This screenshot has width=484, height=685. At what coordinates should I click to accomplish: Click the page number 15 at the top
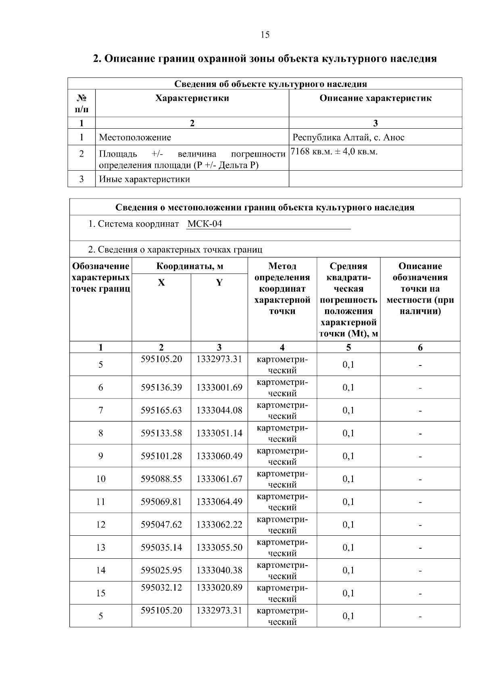pyautogui.click(x=265, y=35)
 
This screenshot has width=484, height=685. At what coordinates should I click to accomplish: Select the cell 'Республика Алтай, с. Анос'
pyautogui.click(x=348, y=137)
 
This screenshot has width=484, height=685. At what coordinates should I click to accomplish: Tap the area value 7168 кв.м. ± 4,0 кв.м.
pyautogui.click(x=334, y=152)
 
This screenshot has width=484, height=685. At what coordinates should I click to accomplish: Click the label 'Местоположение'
pyautogui.click(x=135, y=137)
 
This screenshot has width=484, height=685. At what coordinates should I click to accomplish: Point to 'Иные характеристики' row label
pyautogui.click(x=144, y=179)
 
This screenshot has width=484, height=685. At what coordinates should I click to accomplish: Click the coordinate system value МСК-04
pyautogui.click(x=204, y=224)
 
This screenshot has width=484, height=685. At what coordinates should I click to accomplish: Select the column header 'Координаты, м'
pyautogui.click(x=190, y=266)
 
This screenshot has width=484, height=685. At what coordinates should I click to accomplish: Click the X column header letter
pyautogui.click(x=161, y=283)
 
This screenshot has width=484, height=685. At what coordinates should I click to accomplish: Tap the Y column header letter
pyautogui.click(x=219, y=283)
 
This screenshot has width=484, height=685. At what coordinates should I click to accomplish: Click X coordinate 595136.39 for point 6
pyautogui.click(x=161, y=388)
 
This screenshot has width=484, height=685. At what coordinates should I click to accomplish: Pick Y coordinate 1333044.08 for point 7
pyautogui.click(x=219, y=411)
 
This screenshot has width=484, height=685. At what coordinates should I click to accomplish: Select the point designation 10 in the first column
pyautogui.click(x=100, y=479)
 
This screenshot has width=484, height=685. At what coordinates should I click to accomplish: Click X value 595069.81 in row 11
pyautogui.click(x=161, y=502)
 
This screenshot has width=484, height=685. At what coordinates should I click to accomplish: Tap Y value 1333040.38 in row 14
pyautogui.click(x=219, y=570)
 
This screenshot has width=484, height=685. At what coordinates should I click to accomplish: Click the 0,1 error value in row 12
pyautogui.click(x=348, y=525)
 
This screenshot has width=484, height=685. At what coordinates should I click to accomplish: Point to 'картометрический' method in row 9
pyautogui.click(x=282, y=456)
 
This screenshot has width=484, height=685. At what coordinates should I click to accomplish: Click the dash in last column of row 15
pyautogui.click(x=420, y=594)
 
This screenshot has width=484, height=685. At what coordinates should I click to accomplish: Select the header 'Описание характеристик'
pyautogui.click(x=375, y=98)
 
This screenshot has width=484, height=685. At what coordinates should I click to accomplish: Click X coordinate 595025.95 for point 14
pyautogui.click(x=161, y=570)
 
